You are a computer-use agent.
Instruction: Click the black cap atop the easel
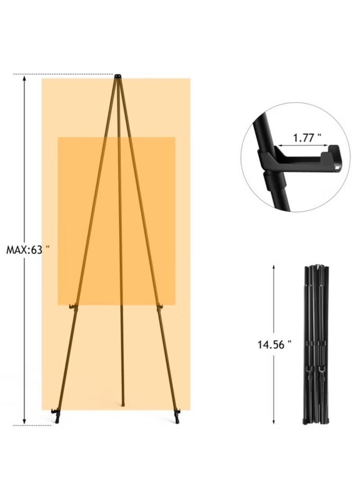[x=118, y=76]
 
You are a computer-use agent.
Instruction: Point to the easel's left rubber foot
[x=56, y=415]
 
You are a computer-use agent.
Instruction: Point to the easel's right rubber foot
[x=177, y=415]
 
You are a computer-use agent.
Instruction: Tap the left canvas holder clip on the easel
[x=73, y=306]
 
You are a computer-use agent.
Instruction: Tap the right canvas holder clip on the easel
[x=160, y=306]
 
